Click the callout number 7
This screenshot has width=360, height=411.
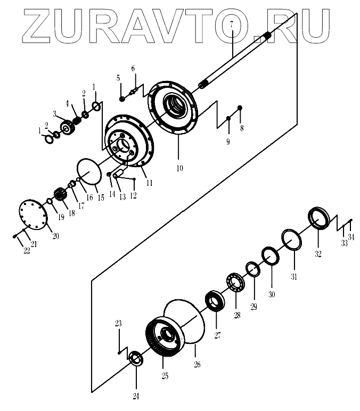(x=231, y=23)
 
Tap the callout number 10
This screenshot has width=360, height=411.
(x=179, y=168)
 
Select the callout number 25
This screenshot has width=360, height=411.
(x=165, y=376)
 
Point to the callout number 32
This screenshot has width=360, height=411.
(x=318, y=253)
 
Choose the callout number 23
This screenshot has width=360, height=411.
(x=118, y=324)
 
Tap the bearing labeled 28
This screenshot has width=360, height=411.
(x=234, y=282)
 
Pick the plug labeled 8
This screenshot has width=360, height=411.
(x=240, y=108)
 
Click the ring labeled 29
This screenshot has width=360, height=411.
(x=252, y=269)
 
